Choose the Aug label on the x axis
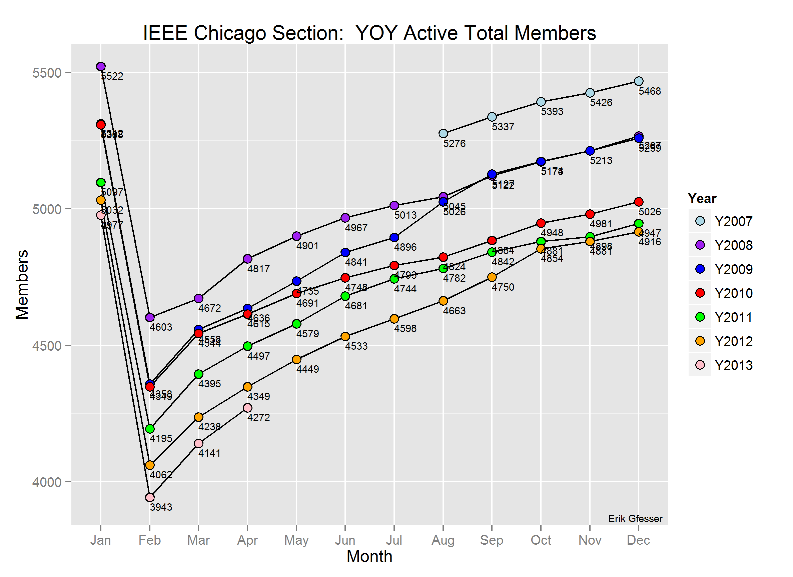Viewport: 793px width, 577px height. pos(443,540)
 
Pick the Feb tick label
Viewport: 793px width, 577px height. pos(150,540)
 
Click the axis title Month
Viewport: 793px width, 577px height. pos(369,557)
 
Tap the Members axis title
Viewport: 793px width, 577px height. pos(22,284)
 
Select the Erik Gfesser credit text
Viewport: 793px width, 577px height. pos(635,519)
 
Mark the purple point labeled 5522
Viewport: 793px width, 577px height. pos(101,66)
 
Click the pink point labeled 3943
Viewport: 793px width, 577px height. pos(150,497)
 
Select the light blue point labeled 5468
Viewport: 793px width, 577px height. pos(639,81)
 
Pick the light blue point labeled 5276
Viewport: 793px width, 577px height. pos(443,134)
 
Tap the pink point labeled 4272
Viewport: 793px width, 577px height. pos(247,408)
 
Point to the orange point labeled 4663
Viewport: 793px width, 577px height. pos(443,301)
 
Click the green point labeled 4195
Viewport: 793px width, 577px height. pos(150,429)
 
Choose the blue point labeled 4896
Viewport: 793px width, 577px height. pos(394,238)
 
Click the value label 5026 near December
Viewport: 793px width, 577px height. pos(650,212)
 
